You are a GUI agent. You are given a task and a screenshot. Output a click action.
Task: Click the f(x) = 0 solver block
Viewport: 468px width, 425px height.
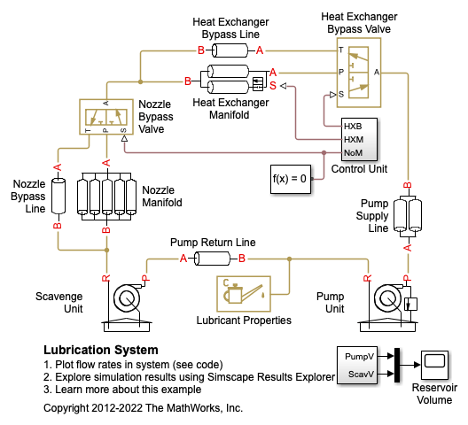pyautogui.click(x=291, y=179)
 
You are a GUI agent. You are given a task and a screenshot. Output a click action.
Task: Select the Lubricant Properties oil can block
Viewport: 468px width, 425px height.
pyautogui.click(x=244, y=294)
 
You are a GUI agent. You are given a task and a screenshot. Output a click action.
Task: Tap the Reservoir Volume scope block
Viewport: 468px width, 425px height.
pyautogui.click(x=434, y=365)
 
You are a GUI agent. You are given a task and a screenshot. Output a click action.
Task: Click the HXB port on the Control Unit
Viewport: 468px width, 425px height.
pyautogui.click(x=353, y=127)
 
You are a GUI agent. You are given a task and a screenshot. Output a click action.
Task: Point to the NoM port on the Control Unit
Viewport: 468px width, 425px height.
pyautogui.click(x=354, y=152)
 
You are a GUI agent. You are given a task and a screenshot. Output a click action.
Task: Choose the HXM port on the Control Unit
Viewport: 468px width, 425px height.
pyautogui.click(x=354, y=140)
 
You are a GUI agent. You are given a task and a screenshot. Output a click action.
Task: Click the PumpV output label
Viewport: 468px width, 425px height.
pyautogui.click(x=359, y=357)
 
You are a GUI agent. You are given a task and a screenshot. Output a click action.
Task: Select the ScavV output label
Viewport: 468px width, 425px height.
pyautogui.click(x=361, y=374)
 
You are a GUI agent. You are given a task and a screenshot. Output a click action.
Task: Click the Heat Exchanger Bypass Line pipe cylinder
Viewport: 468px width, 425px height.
pyautogui.click(x=230, y=50)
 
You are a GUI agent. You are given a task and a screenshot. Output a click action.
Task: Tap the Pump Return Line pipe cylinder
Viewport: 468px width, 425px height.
pyautogui.click(x=212, y=259)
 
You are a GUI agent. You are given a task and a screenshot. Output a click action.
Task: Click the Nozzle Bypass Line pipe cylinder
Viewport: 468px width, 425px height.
pyautogui.click(x=58, y=196)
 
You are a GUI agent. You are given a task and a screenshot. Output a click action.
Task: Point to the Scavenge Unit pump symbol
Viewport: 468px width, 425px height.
pyautogui.click(x=127, y=307)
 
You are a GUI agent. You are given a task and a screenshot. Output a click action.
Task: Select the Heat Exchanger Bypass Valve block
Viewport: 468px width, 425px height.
pyautogui.click(x=359, y=73)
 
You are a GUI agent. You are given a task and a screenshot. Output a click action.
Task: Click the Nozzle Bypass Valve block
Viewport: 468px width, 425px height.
pyautogui.click(x=106, y=117)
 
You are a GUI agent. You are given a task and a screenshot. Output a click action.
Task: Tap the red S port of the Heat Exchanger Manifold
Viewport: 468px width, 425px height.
pyautogui.click(x=273, y=86)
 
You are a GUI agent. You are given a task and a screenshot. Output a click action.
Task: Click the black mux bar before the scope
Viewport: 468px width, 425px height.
pyautogui.click(x=397, y=365)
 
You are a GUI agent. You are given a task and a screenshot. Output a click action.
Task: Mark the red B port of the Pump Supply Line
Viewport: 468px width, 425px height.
pyautogui.click(x=408, y=185)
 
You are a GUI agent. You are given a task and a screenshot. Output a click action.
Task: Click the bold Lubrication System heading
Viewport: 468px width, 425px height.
pyautogui.click(x=101, y=350)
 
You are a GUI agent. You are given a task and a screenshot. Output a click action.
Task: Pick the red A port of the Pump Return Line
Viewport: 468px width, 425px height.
pyautogui.click(x=183, y=259)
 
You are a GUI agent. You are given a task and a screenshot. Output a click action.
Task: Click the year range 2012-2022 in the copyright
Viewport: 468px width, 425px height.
pyautogui.click(x=117, y=407)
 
